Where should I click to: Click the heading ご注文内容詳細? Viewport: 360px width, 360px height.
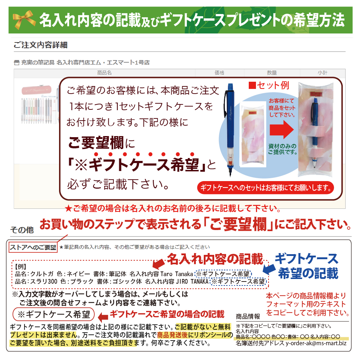point(40,45)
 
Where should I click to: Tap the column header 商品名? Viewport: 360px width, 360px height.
point(104,73)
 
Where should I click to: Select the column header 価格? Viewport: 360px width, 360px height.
point(219,73)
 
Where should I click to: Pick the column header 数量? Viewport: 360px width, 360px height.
point(272,73)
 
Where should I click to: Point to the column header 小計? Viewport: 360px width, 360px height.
point(322,73)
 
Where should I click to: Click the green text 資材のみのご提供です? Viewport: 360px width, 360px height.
point(283,149)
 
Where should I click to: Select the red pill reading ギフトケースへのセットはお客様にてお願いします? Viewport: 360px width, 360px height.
point(266,188)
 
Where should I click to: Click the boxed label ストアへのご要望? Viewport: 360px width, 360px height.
point(33,247)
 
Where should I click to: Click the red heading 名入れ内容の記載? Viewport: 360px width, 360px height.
point(215,259)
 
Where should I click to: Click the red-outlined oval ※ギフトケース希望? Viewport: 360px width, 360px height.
point(54,314)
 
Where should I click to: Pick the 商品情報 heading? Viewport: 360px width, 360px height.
point(248,317)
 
